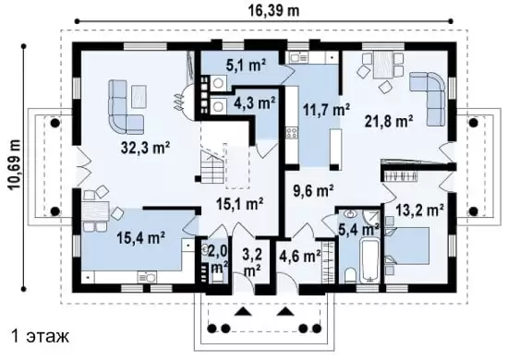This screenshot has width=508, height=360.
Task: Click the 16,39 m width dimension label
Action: [x=273, y=10]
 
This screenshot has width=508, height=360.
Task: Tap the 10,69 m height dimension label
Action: [x=14, y=164]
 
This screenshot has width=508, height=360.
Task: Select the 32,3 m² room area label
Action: [x=146, y=148]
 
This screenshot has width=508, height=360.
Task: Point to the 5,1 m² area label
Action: [x=246, y=66]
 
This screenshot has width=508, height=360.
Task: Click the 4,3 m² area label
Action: [x=254, y=103]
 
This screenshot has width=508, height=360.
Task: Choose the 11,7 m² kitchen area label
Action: [x=326, y=109]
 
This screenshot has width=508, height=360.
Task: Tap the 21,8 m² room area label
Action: [x=389, y=122]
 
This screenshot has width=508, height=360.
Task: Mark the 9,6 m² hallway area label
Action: [x=313, y=191]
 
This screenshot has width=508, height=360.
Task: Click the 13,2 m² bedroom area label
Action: [x=419, y=210]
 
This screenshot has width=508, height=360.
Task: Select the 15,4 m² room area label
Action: [x=141, y=238]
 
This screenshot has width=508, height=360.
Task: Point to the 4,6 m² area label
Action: [x=300, y=256]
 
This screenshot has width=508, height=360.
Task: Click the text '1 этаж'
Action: [x=40, y=336]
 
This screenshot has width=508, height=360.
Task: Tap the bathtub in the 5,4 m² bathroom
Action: [x=370, y=261]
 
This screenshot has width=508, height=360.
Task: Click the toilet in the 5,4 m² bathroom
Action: [x=351, y=275]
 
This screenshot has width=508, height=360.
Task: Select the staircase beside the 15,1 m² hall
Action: [x=212, y=168]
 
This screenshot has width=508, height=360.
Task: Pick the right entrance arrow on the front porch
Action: [x=285, y=311]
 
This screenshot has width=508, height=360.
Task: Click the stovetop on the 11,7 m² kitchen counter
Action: [x=291, y=133]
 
